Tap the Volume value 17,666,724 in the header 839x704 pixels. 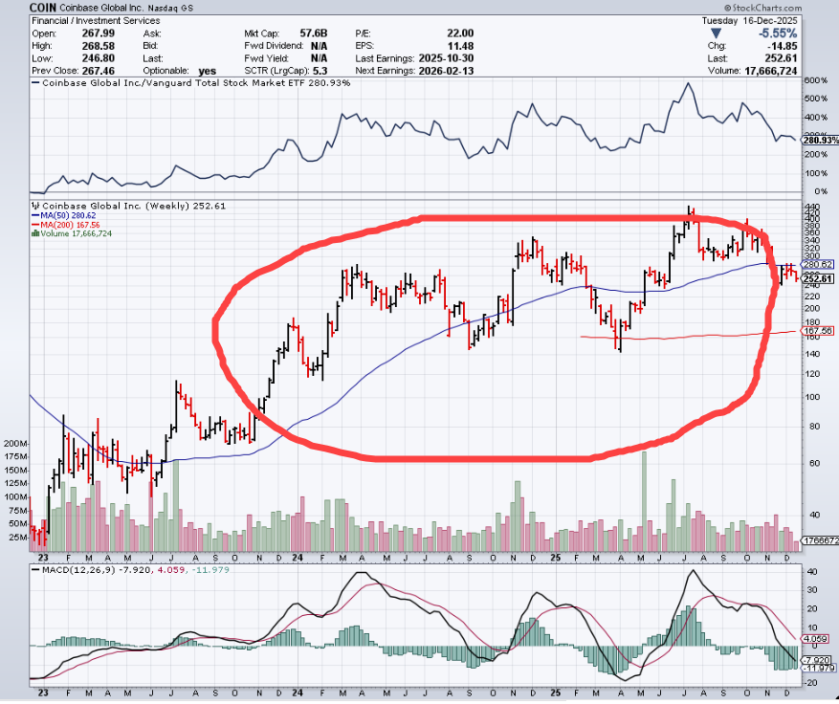tap(794, 71)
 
